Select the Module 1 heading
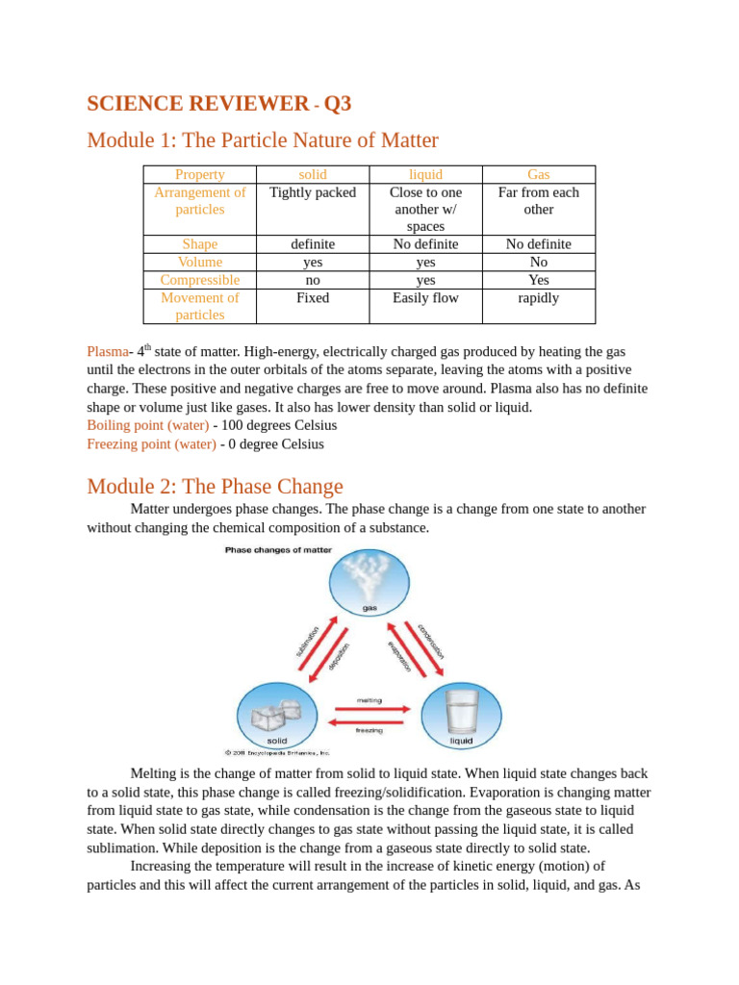[262, 140]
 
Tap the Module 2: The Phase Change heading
[215, 486]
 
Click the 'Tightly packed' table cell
[312, 192]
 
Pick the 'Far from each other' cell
[538, 200]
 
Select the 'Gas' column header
[538, 174]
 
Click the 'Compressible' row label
[199, 280]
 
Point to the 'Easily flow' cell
[425, 298]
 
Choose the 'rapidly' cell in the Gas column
[538, 298]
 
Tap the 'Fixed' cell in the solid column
[312, 298]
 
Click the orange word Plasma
[107, 352]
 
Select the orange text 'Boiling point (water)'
[147, 425]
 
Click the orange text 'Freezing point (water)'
[151, 444]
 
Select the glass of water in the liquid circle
[462, 713]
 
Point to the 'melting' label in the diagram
[369, 700]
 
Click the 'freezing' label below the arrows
[369, 730]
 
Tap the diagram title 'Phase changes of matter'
[278, 550]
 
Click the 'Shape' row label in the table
[199, 244]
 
